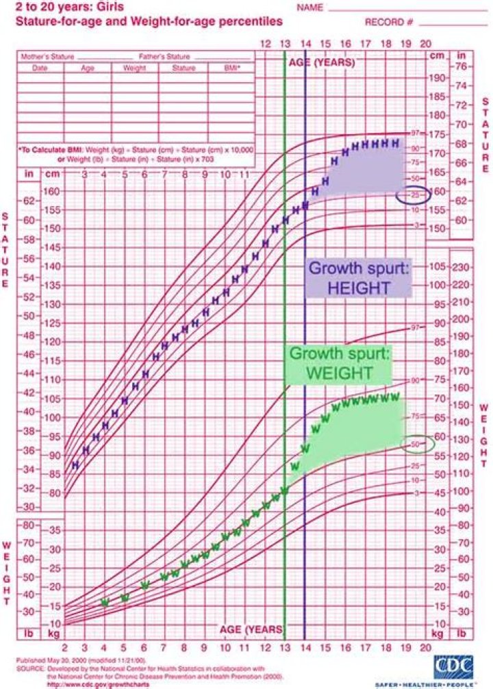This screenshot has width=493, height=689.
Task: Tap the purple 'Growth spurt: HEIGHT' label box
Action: pyautogui.click(x=359, y=278)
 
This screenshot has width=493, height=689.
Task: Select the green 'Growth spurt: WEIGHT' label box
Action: pyautogui.click(x=339, y=363)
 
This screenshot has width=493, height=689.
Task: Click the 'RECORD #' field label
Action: pyautogui.click(x=384, y=23)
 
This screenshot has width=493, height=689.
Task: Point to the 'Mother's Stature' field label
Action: pyautogui.click(x=47, y=57)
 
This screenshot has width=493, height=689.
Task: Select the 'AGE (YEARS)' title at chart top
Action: pyautogui.click(x=321, y=62)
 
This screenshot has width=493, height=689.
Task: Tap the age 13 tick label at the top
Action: pyautogui.click(x=285, y=45)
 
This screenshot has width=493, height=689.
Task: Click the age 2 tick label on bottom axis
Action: pyautogui.click(x=64, y=647)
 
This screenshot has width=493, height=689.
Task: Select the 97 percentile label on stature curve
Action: pyautogui.click(x=414, y=132)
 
